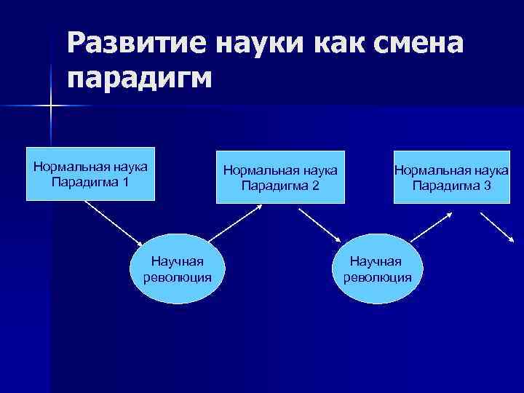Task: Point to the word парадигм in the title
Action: click(140, 77)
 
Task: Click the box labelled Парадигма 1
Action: click(90, 174)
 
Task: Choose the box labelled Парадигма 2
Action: click(280, 178)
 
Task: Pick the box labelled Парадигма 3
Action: click(451, 178)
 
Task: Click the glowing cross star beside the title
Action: click(51, 106)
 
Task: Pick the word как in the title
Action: click(341, 45)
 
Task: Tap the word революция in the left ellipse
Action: click(178, 277)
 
